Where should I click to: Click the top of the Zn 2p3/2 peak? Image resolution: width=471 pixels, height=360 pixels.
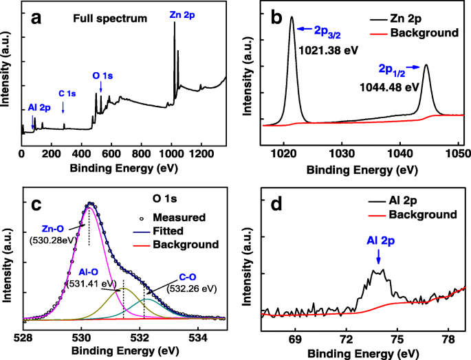click(x=291, y=19)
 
